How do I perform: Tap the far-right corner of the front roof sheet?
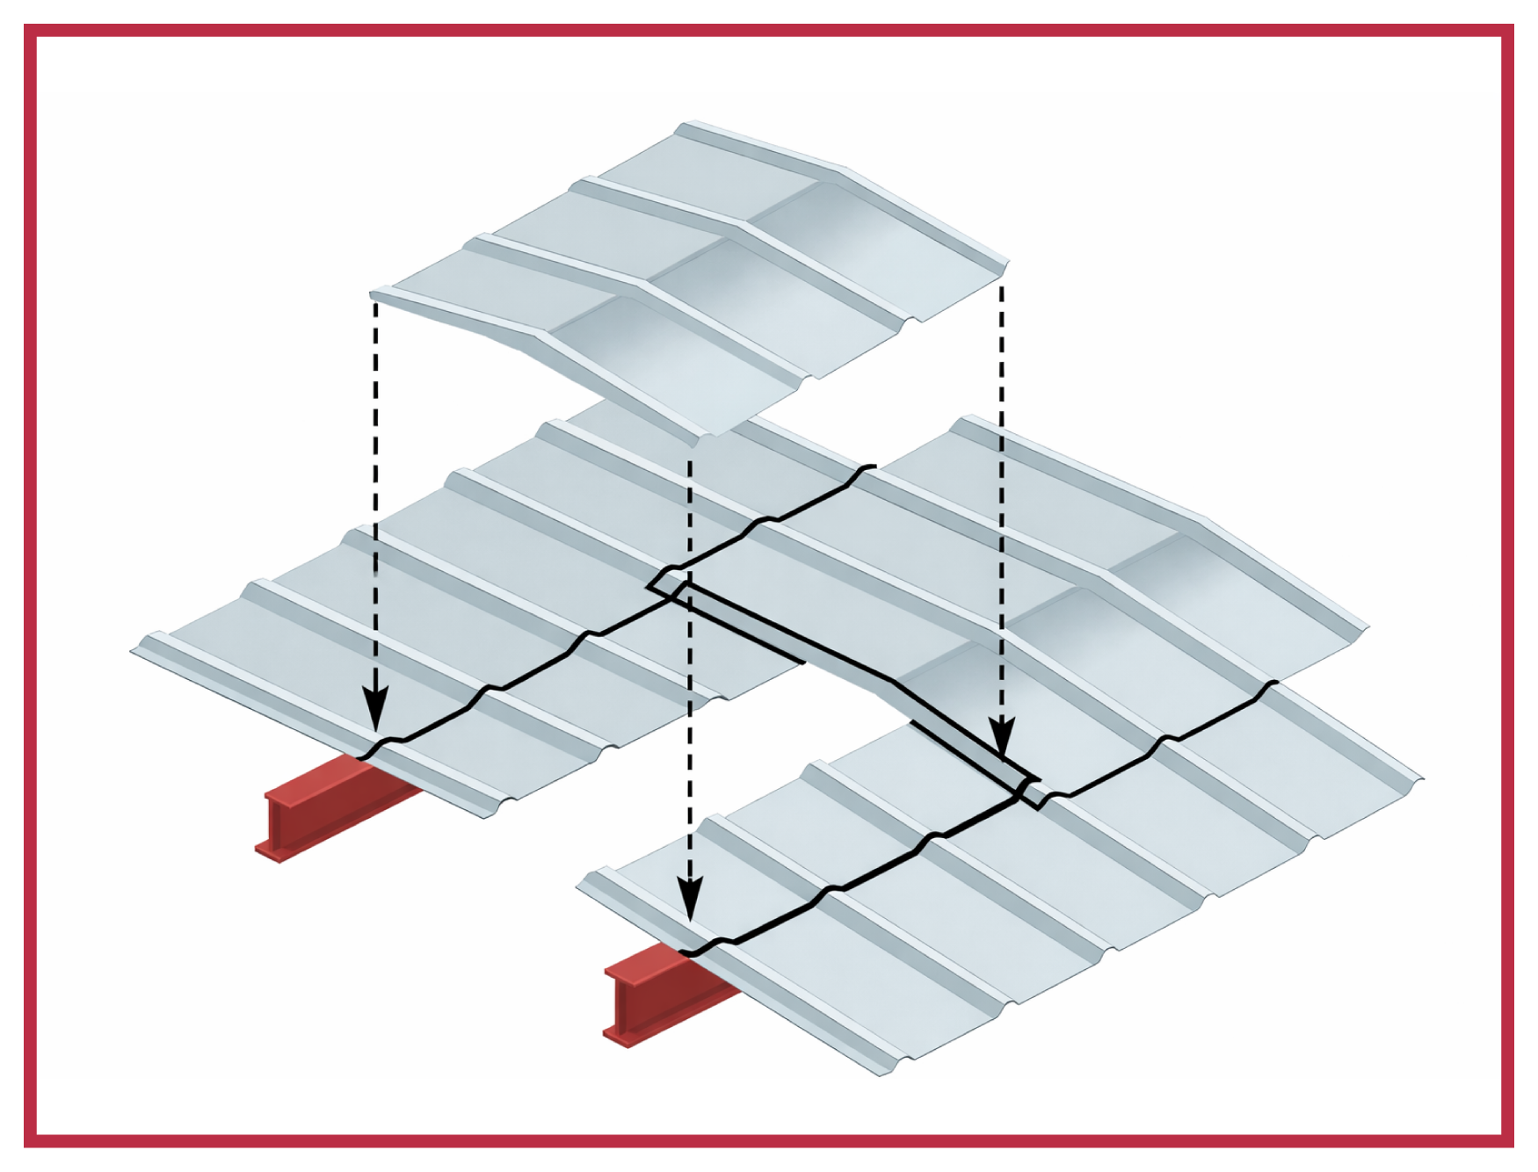click(x=1420, y=777)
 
